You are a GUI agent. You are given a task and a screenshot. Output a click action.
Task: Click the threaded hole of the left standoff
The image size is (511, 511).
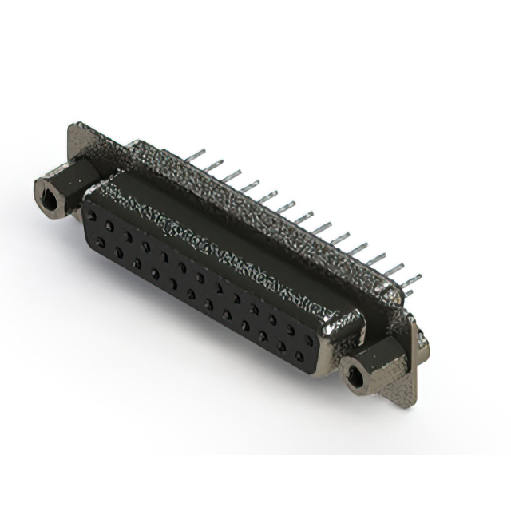click(x=50, y=199)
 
